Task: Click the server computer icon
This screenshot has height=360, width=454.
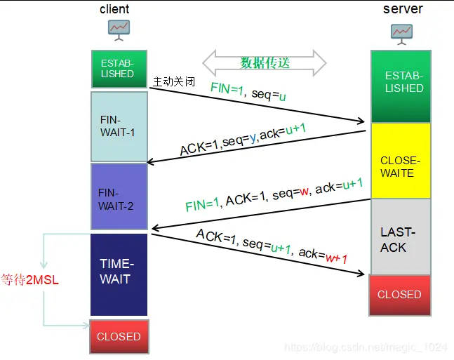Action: (401, 32)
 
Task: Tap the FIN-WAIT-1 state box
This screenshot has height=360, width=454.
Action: (119, 126)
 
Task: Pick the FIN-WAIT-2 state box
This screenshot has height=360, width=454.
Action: (119, 196)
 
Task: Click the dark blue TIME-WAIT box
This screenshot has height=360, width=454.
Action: (119, 274)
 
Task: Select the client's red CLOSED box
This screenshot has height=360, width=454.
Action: (119, 336)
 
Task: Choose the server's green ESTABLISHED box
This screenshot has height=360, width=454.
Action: (401, 86)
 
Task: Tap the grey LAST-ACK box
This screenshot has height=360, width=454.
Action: (401, 236)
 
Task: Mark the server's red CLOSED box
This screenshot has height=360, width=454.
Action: (401, 294)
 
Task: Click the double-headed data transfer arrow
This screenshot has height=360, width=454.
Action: (265, 63)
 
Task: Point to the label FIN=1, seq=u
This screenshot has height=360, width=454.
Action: (248, 92)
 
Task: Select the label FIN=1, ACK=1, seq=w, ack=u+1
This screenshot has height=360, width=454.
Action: (274, 196)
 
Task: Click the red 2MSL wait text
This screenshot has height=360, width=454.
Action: (30, 280)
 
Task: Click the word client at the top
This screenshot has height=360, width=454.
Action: (114, 9)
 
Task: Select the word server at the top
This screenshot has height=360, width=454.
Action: (403, 9)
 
